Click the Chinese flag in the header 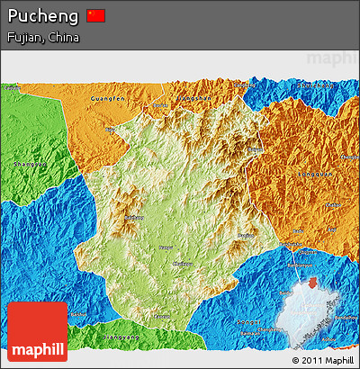coord(96,15)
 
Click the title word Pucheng coord(42,16)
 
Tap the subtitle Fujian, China coord(42,38)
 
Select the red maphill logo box coord(37,332)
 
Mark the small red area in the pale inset coord(311,283)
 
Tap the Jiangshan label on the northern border coord(193,96)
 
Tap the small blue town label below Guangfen coord(114,129)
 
